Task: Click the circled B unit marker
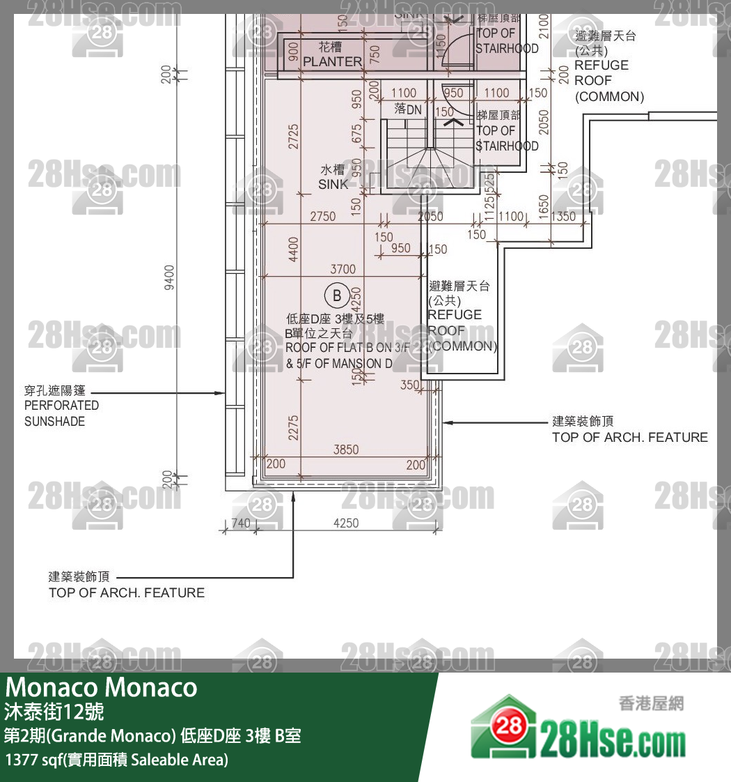(x=338, y=296)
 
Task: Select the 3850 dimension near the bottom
(x=346, y=450)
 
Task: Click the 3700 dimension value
(x=343, y=269)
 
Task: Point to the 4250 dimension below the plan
(x=346, y=523)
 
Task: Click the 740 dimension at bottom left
(x=240, y=523)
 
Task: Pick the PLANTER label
(x=333, y=61)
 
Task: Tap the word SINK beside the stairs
(x=333, y=185)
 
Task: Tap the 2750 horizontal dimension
(x=322, y=216)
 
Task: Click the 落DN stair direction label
(x=408, y=109)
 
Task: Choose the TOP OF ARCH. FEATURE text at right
(x=629, y=438)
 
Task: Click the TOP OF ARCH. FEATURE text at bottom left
(x=127, y=593)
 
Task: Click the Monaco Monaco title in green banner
(x=102, y=688)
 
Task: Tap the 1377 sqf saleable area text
(x=116, y=760)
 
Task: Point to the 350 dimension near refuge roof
(x=410, y=385)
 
